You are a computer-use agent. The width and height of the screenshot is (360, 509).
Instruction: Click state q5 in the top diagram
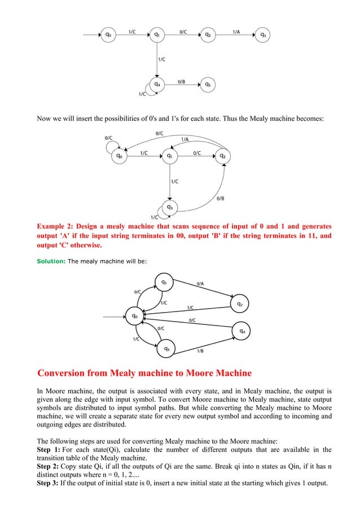coord(208,85)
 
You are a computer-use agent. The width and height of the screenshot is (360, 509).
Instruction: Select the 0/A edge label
coord(200,283)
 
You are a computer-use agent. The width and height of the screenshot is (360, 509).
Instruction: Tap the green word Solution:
coord(51,261)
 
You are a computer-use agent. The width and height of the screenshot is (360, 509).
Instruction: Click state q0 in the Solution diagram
coord(135,316)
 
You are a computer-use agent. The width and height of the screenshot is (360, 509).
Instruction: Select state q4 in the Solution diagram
coord(242,331)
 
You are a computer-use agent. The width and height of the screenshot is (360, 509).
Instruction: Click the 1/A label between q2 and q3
coord(236,32)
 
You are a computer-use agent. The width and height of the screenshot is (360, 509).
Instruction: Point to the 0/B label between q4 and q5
coord(182,82)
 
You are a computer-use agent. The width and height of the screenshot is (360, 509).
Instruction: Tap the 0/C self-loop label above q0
coord(107,137)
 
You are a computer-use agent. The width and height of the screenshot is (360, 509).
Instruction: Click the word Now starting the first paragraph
coord(45,119)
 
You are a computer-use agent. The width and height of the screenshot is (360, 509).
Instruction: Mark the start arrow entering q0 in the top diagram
coord(90,35)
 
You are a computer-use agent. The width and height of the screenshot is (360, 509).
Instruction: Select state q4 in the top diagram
coord(159,85)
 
